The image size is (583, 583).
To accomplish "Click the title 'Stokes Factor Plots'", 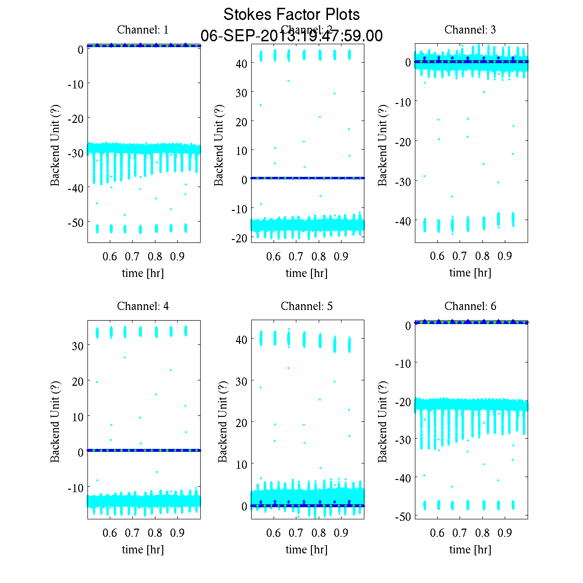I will (291, 15).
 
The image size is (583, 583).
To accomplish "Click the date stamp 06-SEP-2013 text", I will (291, 36).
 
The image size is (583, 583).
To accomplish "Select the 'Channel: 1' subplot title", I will (143, 30).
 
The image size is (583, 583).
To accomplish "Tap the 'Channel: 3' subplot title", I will (470, 30).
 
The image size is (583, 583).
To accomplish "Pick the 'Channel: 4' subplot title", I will (143, 306).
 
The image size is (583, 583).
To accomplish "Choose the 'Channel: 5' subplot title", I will (307, 306).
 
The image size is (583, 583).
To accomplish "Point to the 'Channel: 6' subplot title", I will (470, 306).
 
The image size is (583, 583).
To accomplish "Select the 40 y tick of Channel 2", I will (242, 63).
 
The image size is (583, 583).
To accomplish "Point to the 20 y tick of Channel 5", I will (242, 423).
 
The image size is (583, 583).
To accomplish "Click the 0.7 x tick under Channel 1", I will (132, 257).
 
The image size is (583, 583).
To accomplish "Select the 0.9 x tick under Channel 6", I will (505, 533).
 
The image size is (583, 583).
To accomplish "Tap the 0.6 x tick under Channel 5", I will (274, 533).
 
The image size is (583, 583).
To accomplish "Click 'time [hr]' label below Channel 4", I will (143, 549).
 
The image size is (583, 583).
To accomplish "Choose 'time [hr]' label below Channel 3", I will (470, 273).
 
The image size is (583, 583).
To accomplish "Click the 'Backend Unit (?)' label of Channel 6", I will (383, 421).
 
